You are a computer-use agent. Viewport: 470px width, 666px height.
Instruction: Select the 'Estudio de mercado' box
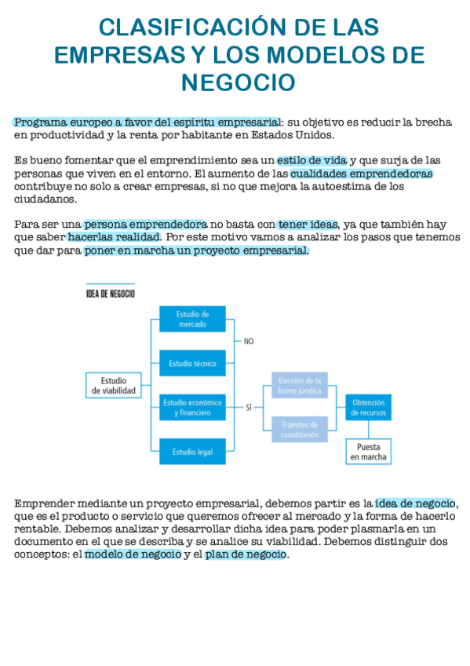click(x=192, y=319)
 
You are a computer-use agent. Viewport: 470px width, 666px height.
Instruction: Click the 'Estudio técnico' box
click(x=192, y=363)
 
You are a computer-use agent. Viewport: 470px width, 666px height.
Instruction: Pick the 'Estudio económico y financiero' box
click(x=192, y=407)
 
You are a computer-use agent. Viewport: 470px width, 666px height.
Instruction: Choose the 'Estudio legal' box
click(x=192, y=451)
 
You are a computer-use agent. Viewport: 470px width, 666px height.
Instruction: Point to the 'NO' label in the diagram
click(x=249, y=342)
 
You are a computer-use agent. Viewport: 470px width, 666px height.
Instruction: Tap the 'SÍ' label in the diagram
click(x=249, y=407)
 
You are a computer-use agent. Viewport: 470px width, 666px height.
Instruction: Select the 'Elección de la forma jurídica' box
click(x=300, y=385)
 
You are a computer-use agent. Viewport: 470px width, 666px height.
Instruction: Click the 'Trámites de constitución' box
click(x=300, y=429)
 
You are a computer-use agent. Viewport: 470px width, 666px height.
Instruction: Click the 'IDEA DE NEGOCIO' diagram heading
click(x=110, y=294)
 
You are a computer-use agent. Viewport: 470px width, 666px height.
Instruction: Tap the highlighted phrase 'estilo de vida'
click(x=312, y=160)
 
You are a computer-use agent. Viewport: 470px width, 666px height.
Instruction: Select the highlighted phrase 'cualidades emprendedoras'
click(x=361, y=173)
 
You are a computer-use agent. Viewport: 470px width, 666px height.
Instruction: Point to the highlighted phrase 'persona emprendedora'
click(x=145, y=224)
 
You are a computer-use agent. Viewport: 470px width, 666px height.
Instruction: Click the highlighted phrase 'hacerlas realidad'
click(x=114, y=236)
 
